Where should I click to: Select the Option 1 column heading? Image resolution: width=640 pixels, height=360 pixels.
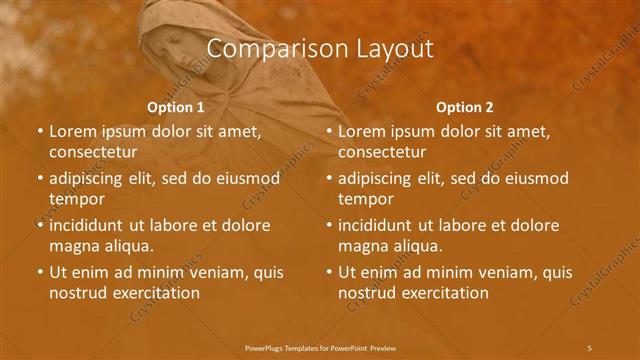coord(176,107)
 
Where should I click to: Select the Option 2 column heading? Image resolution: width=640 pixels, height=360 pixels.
coord(465,107)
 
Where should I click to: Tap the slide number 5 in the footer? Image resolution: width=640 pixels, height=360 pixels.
coord(589,347)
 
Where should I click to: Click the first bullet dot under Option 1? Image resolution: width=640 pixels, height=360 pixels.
coord(40,131)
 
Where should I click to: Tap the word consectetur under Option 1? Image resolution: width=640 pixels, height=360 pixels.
coord(93,152)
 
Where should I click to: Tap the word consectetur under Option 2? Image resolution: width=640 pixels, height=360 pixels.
coord(382,152)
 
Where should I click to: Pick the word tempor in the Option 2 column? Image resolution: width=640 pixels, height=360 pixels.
coord(366,199)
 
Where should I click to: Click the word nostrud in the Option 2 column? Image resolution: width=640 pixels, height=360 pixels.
coord(368,293)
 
